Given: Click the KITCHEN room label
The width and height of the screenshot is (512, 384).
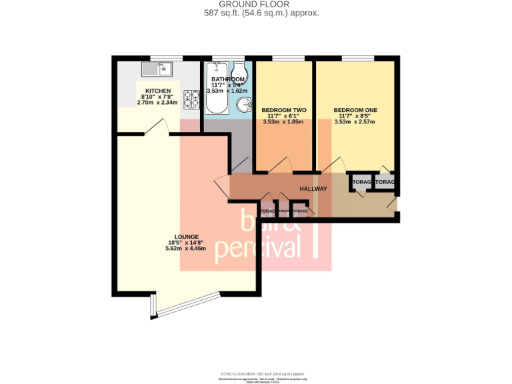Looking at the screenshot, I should [158, 91].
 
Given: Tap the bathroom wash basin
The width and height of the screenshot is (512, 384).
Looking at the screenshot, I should [245, 105].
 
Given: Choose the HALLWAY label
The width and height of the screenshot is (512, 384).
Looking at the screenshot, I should [313, 189].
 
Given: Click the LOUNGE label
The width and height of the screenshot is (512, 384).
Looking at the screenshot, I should [185, 236].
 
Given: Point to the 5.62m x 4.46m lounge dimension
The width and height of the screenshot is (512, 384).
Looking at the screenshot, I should [185, 248].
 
